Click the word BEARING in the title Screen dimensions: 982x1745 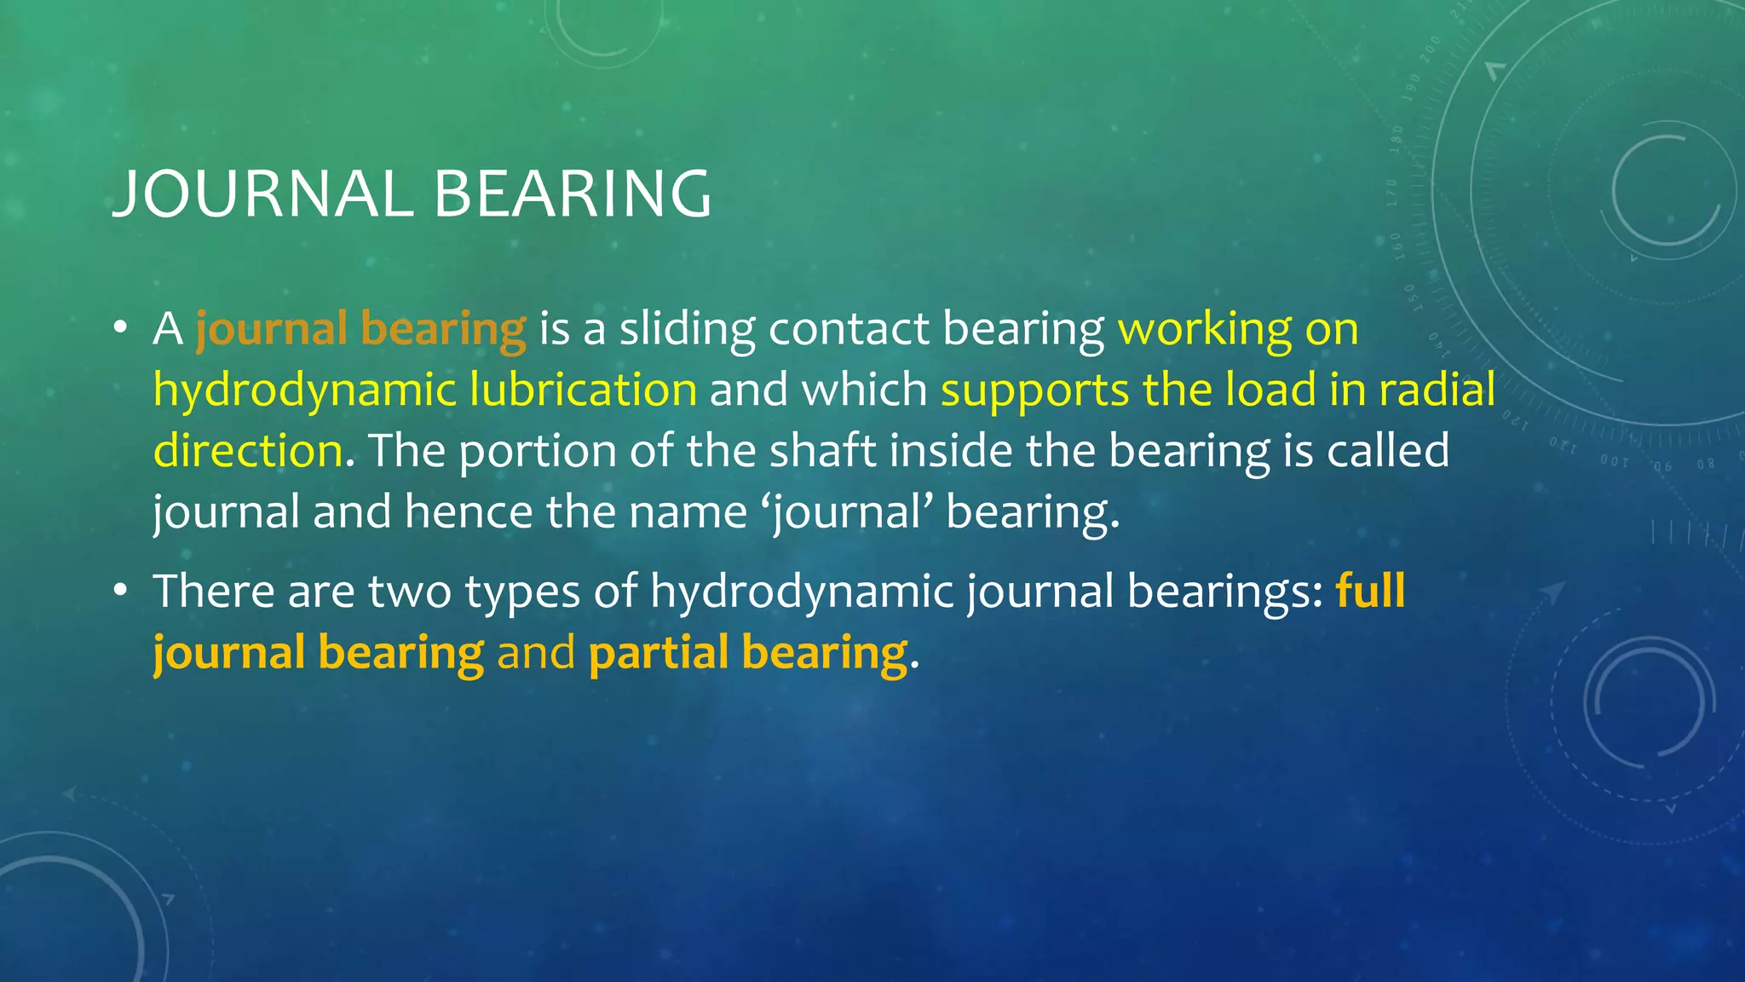tap(573, 194)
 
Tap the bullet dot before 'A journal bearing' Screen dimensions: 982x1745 tap(120, 328)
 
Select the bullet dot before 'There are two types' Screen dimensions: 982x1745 tap(120, 591)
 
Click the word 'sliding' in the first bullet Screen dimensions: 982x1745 tap(687, 329)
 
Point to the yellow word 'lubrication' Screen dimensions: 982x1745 tap(583, 390)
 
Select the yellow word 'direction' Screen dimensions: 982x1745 tap(248, 451)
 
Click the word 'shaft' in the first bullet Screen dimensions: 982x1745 tap(823, 451)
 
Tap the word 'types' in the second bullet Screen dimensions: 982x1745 tap(521, 592)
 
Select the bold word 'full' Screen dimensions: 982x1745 tap(1370, 591)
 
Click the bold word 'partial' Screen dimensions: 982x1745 tap(658, 654)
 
